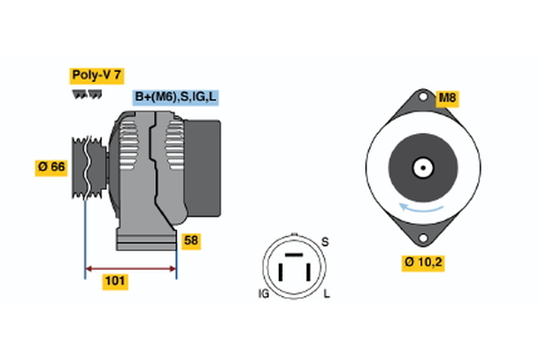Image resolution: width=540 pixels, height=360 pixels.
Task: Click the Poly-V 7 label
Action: [97, 77]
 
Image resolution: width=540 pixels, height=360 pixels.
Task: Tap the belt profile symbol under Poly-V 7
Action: [86, 94]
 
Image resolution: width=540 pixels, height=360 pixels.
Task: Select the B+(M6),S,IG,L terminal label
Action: [176, 96]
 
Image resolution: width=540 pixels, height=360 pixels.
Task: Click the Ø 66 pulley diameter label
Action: [52, 166]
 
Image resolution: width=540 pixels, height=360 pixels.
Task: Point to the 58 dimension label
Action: [191, 240]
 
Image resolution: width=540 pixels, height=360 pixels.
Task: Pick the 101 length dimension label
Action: [115, 282]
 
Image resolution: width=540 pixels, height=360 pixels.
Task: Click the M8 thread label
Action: [447, 96]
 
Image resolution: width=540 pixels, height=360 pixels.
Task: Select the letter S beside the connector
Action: [325, 241]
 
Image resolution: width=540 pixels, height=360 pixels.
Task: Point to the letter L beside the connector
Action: [326, 293]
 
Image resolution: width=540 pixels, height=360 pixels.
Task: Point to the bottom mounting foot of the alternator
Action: [144, 240]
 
